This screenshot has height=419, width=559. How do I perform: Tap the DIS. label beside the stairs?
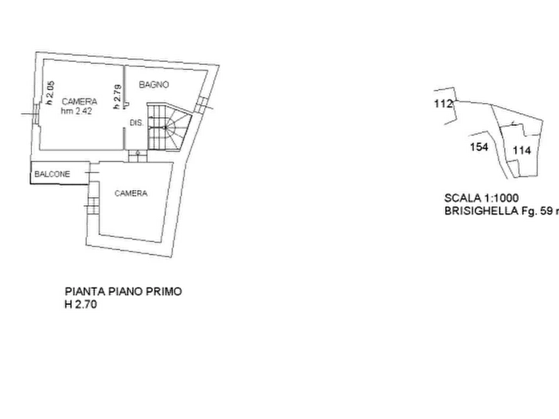pos(136,123)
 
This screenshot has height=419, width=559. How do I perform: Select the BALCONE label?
pos(52,173)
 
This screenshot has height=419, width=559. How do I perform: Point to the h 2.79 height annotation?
pos(116,99)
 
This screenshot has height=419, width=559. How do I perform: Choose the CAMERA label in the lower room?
pos(131,194)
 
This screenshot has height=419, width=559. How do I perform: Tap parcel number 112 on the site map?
pos(443,104)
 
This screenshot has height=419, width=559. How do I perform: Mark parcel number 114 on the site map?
pos(521,149)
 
